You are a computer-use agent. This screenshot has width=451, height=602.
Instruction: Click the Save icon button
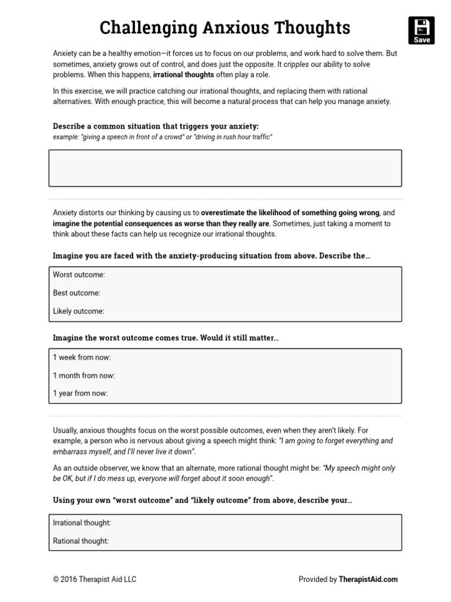(x=421, y=31)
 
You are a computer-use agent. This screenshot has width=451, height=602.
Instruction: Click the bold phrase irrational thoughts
(x=183, y=75)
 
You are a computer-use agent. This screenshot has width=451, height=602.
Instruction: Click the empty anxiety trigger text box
(x=225, y=168)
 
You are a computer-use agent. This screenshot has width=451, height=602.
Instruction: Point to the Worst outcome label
(x=79, y=275)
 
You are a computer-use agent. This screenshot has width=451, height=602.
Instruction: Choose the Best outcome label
(x=76, y=293)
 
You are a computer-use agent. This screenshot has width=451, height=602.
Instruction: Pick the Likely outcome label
(x=78, y=311)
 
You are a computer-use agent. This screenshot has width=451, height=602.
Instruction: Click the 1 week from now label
(x=82, y=357)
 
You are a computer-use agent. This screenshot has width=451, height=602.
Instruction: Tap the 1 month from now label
(x=83, y=375)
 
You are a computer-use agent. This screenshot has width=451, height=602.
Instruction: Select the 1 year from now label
(x=80, y=393)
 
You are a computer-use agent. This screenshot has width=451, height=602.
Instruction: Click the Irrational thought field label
(x=82, y=523)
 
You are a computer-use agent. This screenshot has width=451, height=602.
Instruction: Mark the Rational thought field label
(x=80, y=541)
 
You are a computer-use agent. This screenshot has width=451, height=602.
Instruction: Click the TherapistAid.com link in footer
(x=368, y=579)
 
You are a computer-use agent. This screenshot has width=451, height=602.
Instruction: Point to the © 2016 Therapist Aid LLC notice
(x=95, y=579)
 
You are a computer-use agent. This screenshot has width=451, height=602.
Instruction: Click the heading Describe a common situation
(x=156, y=126)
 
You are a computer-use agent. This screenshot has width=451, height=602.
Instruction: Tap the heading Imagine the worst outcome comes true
(x=166, y=338)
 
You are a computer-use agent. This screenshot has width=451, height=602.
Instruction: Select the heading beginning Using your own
(x=202, y=500)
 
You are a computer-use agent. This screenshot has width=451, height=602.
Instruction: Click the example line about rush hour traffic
(x=163, y=136)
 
